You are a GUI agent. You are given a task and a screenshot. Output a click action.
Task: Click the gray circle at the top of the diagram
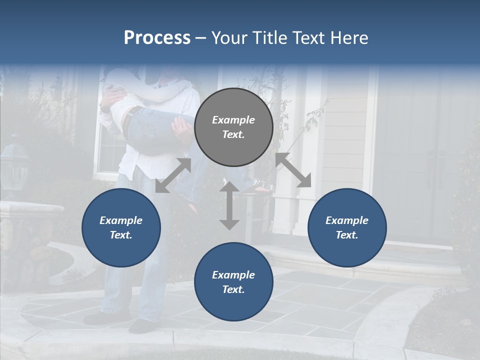[x=233, y=127]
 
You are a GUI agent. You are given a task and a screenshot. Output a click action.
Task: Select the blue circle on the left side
[x=121, y=227]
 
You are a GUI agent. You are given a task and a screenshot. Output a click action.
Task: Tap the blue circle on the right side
[x=347, y=227]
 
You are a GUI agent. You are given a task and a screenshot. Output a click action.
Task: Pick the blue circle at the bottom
[x=233, y=282]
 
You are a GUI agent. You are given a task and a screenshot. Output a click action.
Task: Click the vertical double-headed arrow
[x=229, y=205]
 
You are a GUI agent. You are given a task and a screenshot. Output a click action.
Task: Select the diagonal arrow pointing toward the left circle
[x=173, y=175]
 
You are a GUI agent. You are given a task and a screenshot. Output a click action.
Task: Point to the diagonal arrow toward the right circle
[x=293, y=170]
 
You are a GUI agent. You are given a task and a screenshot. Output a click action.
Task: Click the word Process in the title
[x=157, y=37]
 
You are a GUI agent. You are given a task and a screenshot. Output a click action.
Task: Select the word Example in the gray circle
[x=233, y=120]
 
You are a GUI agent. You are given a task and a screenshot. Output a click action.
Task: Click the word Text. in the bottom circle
[x=233, y=289]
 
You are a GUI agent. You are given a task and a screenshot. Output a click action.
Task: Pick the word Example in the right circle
[x=347, y=220]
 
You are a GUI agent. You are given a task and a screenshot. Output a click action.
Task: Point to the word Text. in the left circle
[x=121, y=235]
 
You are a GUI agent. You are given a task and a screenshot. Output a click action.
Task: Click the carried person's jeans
[x=155, y=130]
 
